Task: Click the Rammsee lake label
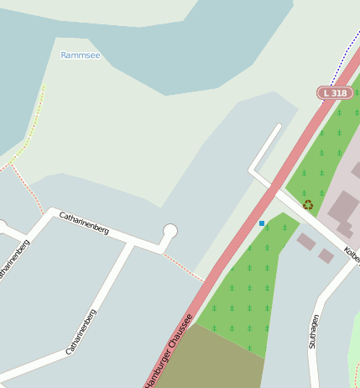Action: [81, 55]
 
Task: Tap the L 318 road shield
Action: [334, 93]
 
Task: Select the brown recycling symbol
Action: [308, 204]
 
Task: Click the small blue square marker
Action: [262, 223]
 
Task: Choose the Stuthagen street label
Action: [314, 331]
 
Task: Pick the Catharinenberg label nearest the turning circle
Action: [84, 223]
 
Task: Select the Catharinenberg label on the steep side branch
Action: [81, 330]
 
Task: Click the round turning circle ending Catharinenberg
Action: [170, 231]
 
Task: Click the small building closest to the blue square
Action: [306, 242]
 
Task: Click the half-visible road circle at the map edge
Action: [2, 227]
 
